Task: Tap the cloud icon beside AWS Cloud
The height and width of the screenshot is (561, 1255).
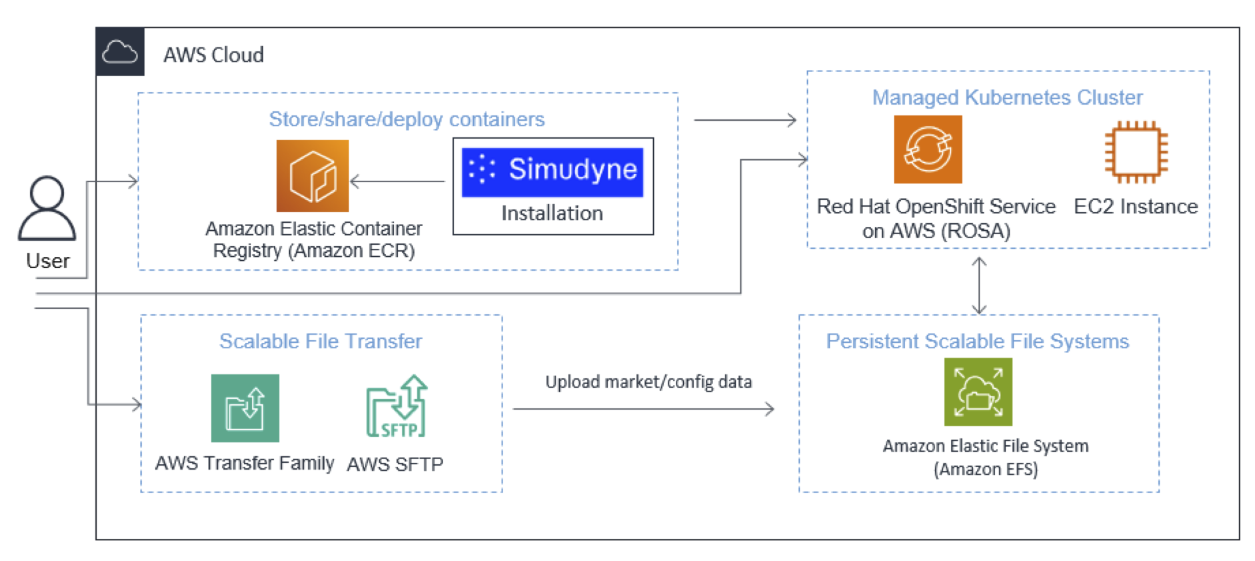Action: pyautogui.click(x=120, y=52)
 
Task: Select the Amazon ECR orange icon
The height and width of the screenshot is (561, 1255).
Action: pyautogui.click(x=313, y=175)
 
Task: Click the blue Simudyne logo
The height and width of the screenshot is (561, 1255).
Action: pyautogui.click(x=553, y=172)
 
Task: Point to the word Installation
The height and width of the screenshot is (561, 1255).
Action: pyautogui.click(x=552, y=213)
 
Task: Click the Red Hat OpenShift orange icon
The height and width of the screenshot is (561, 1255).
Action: pyautogui.click(x=928, y=149)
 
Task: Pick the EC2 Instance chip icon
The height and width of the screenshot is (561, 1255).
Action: pyautogui.click(x=1136, y=151)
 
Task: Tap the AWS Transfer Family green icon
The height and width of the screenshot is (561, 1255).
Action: pyautogui.click(x=245, y=408)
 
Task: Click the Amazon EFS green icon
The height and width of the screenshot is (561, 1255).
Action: pyautogui.click(x=978, y=392)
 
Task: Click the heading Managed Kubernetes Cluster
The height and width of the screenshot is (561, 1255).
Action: pyautogui.click(x=1007, y=97)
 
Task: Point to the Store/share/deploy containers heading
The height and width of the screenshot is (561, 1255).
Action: pyautogui.click(x=407, y=119)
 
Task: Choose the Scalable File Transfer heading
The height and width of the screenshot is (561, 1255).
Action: pyautogui.click(x=321, y=342)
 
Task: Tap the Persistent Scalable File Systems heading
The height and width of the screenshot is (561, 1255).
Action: pyautogui.click(x=978, y=342)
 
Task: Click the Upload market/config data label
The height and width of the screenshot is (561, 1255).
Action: pyautogui.click(x=648, y=382)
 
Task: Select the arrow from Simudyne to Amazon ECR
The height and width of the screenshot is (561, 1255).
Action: pyautogui.click(x=397, y=181)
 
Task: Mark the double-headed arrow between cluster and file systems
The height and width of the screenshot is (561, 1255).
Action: pyautogui.click(x=979, y=286)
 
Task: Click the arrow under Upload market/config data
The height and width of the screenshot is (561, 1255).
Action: pyautogui.click(x=644, y=409)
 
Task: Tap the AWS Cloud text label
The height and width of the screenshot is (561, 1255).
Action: pyautogui.click(x=213, y=55)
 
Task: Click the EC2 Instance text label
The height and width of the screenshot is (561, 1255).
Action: pyautogui.click(x=1136, y=207)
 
